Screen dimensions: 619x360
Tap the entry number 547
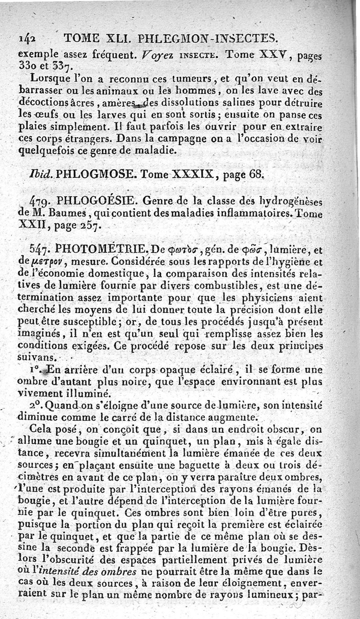tap(41, 248)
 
